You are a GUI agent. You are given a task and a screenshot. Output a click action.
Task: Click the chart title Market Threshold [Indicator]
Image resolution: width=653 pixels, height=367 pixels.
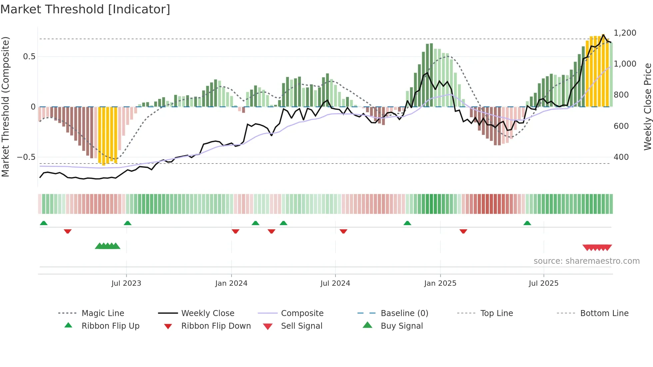85,9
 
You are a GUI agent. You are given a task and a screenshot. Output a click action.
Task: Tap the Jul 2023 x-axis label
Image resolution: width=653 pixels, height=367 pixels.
126,283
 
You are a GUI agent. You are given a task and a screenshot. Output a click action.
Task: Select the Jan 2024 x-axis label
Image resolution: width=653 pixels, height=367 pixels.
231,283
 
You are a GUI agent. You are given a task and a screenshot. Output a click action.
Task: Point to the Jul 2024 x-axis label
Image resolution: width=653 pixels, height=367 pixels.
335,283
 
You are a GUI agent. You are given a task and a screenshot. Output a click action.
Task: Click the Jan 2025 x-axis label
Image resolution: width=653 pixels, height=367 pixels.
440,283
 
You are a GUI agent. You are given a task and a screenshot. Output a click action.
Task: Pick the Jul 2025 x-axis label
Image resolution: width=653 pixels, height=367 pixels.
543,283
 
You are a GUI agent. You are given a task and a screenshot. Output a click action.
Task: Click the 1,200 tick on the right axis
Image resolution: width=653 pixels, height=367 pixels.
625,33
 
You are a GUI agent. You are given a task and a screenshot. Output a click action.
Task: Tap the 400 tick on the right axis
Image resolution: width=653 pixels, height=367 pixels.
621,157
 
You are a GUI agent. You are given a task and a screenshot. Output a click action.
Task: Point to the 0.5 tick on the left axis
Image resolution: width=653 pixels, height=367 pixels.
29,57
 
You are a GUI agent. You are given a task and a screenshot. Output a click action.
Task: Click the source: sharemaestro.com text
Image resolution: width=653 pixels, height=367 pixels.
586,261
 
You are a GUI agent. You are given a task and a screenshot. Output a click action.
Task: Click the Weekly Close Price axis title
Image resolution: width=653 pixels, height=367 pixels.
647,107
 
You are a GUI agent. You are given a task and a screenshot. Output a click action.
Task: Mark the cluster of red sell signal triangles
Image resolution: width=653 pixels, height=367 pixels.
597,247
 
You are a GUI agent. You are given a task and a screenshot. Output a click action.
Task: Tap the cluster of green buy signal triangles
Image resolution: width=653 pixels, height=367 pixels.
108,246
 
